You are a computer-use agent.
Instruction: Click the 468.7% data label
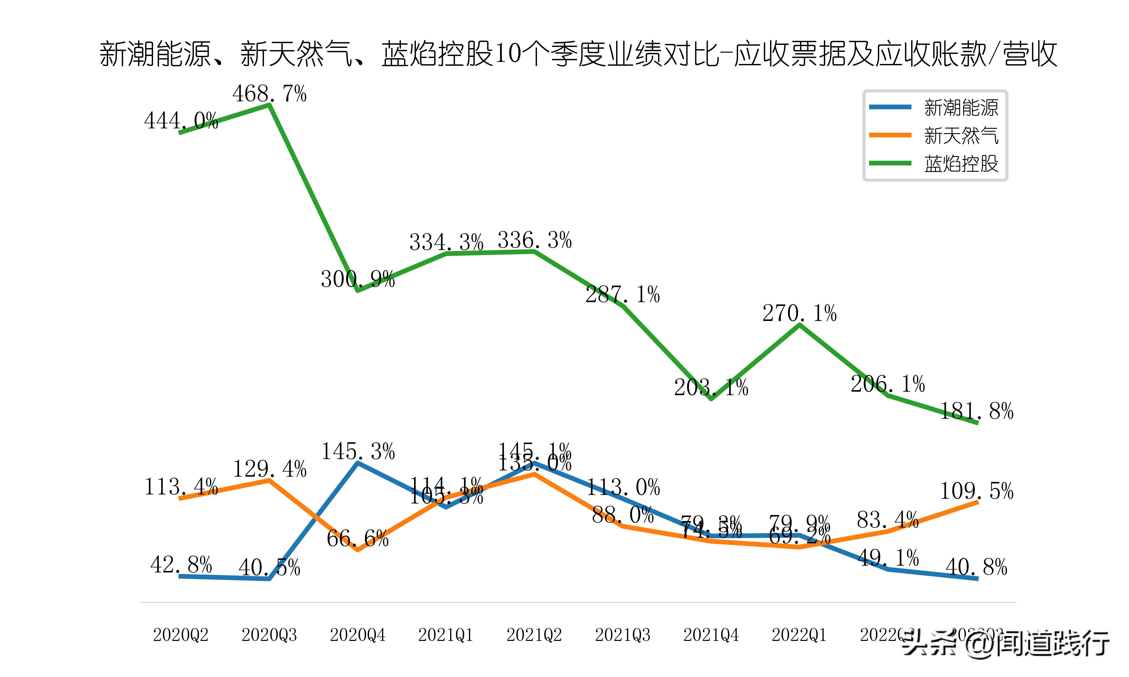[x=269, y=94]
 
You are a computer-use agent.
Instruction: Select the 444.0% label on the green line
[x=181, y=121]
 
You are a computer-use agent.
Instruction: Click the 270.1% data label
[x=800, y=313]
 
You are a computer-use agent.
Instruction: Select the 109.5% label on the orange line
[x=976, y=491]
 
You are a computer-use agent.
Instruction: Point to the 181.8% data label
[x=976, y=411]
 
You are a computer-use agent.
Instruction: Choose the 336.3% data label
[x=534, y=240]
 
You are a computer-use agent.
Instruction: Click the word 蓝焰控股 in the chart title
[x=437, y=54]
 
